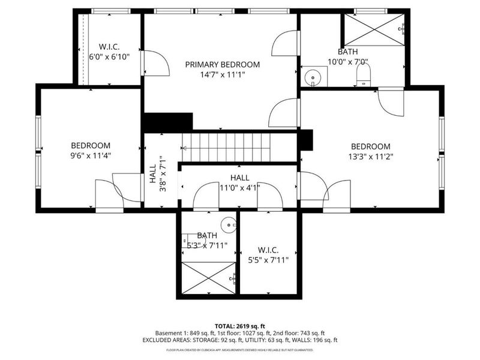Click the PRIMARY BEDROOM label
pos(222,65)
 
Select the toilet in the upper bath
pos(364,75)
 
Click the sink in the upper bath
pos(313,77)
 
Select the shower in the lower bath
pos(208,278)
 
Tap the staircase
pos(227,147)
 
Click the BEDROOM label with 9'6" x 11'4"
pos(91,145)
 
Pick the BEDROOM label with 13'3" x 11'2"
pos(370,146)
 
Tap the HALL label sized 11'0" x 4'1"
pos(239,178)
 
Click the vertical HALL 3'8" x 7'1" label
pos(157,173)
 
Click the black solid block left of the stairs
pos(167,122)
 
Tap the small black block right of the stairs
pos(305,140)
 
